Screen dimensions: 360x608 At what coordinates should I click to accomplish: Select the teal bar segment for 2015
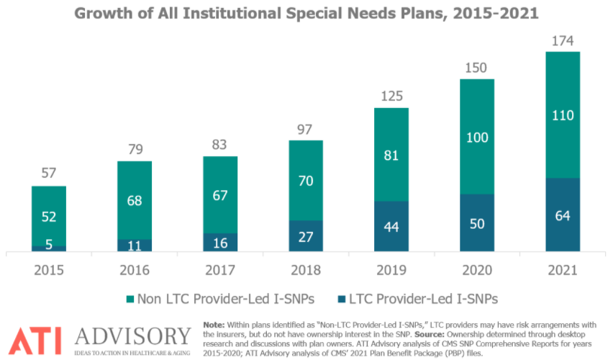(49, 215)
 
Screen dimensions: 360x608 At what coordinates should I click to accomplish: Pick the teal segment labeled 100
(477, 136)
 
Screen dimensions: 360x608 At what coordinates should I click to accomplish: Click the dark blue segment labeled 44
(391, 226)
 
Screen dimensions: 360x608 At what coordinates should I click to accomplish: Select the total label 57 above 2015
(49, 173)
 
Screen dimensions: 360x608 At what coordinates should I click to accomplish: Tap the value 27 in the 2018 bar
(306, 236)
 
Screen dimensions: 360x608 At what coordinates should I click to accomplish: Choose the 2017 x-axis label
(220, 270)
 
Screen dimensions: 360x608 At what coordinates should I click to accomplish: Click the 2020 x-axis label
(477, 270)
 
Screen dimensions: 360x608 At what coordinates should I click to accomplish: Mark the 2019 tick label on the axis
(391, 270)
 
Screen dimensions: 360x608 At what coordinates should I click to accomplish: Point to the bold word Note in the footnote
(215, 325)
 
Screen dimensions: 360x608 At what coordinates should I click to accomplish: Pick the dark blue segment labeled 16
(220, 243)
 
